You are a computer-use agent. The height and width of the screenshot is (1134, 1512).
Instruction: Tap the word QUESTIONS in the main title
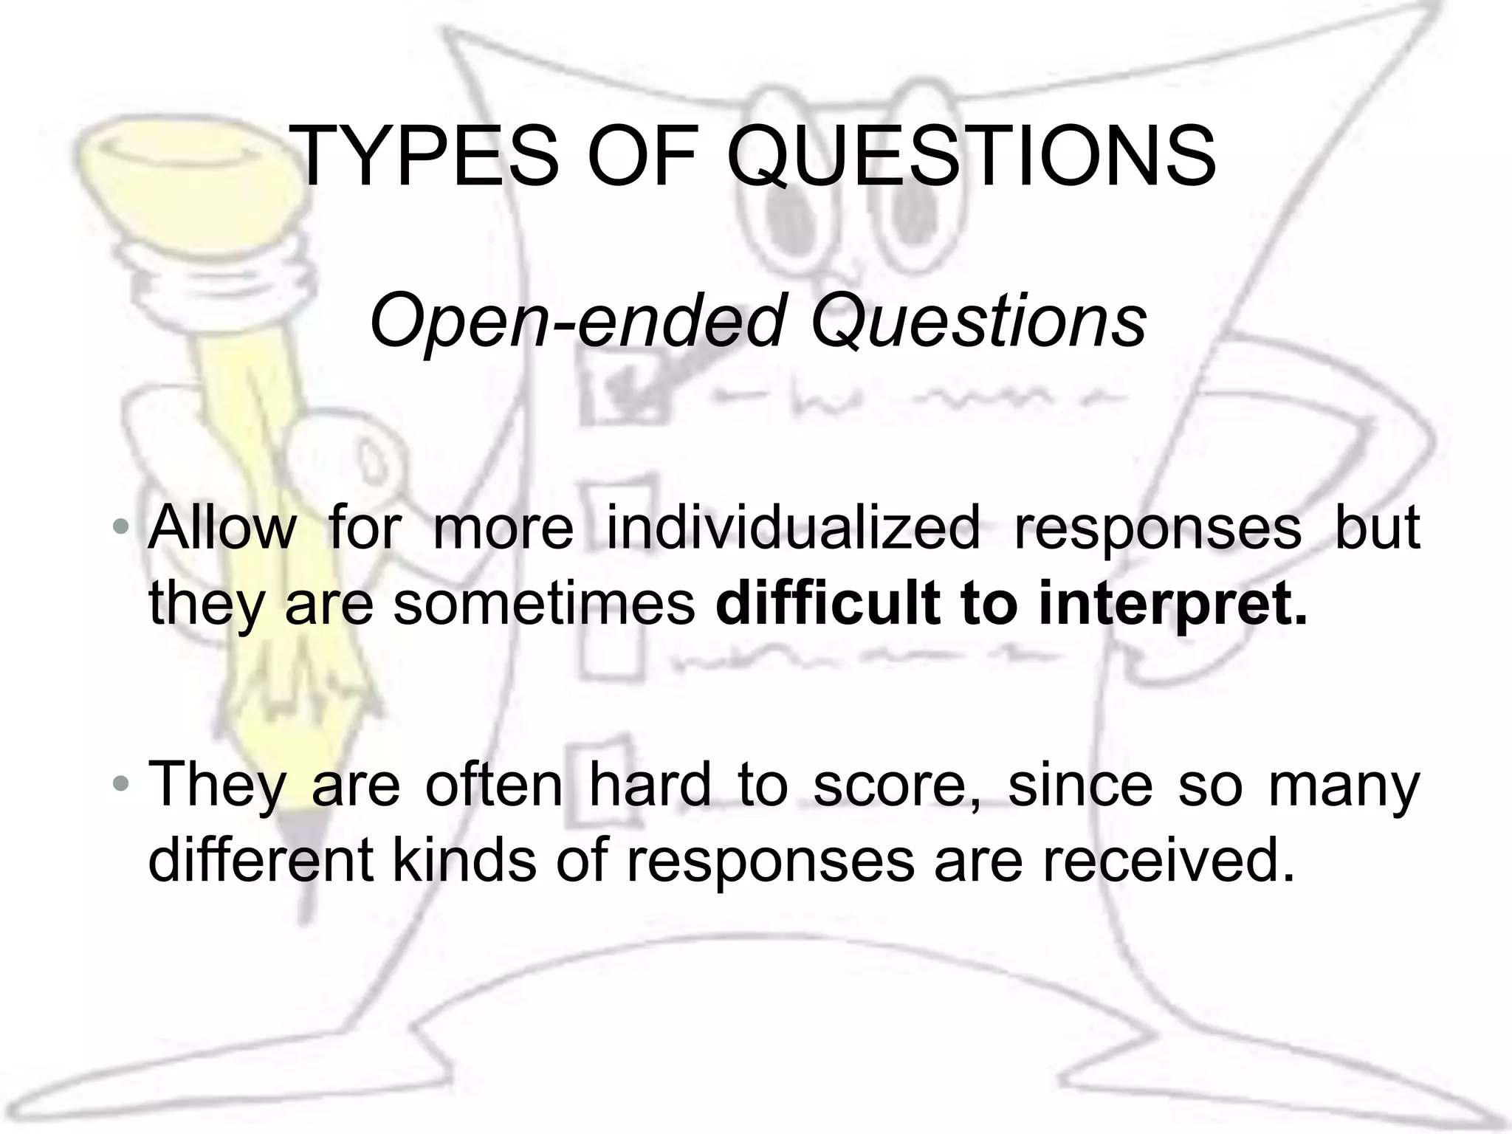972,158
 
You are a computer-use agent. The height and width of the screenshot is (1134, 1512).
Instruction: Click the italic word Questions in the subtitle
979,322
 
